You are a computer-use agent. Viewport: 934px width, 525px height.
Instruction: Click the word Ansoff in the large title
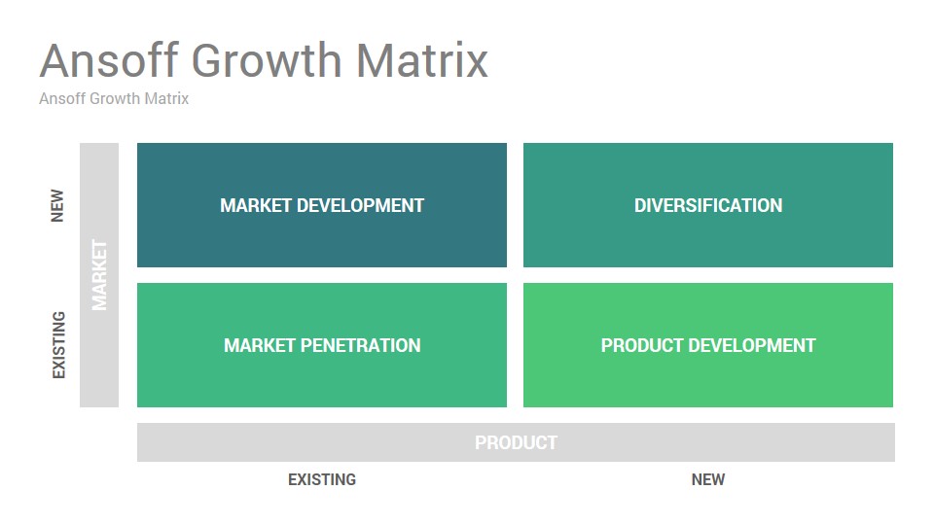click(x=109, y=60)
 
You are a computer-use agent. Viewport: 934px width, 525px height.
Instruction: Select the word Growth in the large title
click(x=267, y=60)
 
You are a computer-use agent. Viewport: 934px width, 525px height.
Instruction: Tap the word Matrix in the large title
click(x=422, y=60)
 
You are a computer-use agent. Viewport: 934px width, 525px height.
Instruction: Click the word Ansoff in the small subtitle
click(x=62, y=98)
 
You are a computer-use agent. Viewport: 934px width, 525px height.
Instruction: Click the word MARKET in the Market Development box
click(x=256, y=205)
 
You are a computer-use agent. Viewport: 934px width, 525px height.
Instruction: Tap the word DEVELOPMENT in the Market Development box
click(x=360, y=205)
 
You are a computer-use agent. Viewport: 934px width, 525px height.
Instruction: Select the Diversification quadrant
click(x=708, y=205)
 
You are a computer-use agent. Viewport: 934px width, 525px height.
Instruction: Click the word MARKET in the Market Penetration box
click(x=259, y=345)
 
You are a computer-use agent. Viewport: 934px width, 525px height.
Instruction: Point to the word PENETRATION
click(x=360, y=345)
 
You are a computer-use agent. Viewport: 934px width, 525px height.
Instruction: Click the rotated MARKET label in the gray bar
click(x=99, y=275)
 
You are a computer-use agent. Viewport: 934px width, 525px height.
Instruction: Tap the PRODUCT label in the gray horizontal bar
click(x=516, y=442)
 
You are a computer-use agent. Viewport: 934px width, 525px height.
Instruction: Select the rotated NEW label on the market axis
click(x=57, y=206)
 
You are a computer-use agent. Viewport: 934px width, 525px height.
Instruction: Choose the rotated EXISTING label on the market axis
click(x=58, y=345)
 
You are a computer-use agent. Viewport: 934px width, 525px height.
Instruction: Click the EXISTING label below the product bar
click(x=322, y=479)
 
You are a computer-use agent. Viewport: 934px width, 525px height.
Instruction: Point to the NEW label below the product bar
click(x=708, y=479)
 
